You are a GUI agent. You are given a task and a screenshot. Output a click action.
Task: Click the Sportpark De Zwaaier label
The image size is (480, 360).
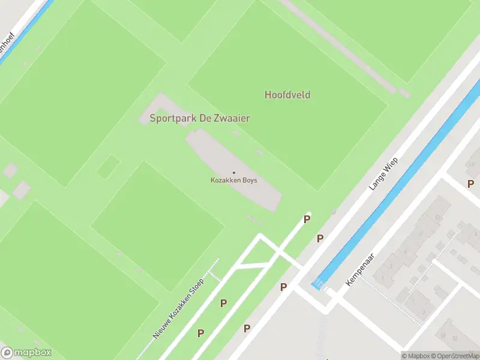[x=200, y=118]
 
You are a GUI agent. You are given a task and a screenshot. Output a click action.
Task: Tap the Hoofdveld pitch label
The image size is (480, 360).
[x=287, y=95]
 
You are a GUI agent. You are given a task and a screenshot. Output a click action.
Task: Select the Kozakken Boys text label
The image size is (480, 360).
[x=234, y=180]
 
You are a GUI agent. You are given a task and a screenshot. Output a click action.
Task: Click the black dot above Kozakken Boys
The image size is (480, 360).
[x=234, y=173]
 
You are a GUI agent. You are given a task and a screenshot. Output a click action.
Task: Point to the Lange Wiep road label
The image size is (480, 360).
[x=383, y=174]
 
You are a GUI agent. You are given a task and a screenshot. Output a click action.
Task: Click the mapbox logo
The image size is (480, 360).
[x=26, y=353]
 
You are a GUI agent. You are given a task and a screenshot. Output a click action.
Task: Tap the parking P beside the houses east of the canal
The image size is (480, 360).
[x=470, y=184]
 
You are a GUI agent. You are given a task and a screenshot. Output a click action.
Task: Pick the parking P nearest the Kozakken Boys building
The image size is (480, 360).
[x=307, y=220]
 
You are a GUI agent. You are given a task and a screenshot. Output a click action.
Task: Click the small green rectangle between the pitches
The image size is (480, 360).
[x=109, y=166]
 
